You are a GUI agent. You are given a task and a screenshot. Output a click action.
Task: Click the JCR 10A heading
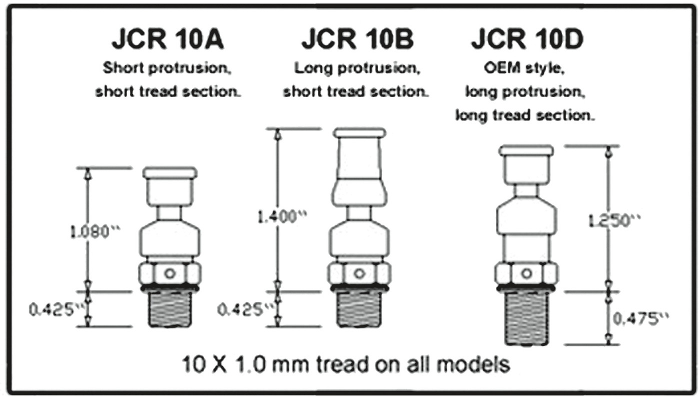168,41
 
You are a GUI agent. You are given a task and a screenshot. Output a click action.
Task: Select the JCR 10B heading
357,41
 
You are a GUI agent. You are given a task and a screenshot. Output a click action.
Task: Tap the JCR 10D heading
527,41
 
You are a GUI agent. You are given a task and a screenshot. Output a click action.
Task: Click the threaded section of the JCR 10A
170,309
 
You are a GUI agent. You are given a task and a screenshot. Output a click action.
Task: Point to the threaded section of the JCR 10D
526,318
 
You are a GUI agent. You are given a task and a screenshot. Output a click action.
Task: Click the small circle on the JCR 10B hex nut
358,273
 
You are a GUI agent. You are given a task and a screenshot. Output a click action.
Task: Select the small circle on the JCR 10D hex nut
526,273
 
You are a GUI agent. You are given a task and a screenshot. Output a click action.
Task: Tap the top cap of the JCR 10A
170,173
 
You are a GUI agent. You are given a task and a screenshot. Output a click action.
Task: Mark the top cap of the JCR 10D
526,150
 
